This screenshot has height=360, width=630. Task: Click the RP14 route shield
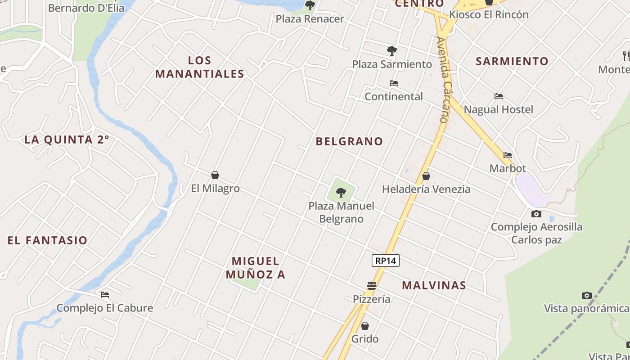pyautogui.click(x=386, y=261)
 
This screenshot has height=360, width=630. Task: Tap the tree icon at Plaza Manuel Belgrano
pyautogui.click(x=341, y=193)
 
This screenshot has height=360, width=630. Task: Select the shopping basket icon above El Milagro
pyautogui.click(x=215, y=175)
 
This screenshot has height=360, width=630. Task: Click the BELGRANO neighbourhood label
pyautogui.click(x=349, y=141)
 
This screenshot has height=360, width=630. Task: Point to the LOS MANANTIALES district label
pyautogui.click(x=200, y=67)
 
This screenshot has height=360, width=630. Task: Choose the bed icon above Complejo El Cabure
pyautogui.click(x=105, y=295)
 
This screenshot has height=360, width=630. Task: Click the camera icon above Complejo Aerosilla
pyautogui.click(x=536, y=214)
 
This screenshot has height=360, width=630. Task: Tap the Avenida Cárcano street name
pyautogui.click(x=443, y=80)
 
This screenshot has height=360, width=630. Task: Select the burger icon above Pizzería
pyautogui.click(x=371, y=286)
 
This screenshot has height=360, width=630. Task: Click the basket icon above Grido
pyautogui.click(x=365, y=325)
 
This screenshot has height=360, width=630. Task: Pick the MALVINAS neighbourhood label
pyautogui.click(x=434, y=285)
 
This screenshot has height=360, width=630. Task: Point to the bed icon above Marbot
pyautogui.click(x=508, y=155)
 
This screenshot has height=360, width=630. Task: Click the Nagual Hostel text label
pyautogui.click(x=498, y=109)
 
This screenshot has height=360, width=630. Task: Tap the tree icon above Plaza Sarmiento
pyautogui.click(x=391, y=51)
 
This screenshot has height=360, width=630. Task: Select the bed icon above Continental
pyautogui.click(x=393, y=83)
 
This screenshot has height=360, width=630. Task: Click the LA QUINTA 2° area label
pyautogui.click(x=67, y=139)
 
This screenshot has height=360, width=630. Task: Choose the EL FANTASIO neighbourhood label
pyautogui.click(x=47, y=240)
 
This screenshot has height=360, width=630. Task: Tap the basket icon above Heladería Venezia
pyautogui.click(x=426, y=176)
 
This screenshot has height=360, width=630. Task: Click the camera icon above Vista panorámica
pyautogui.click(x=586, y=295)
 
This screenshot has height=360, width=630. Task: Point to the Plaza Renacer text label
pyautogui.click(x=310, y=19)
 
